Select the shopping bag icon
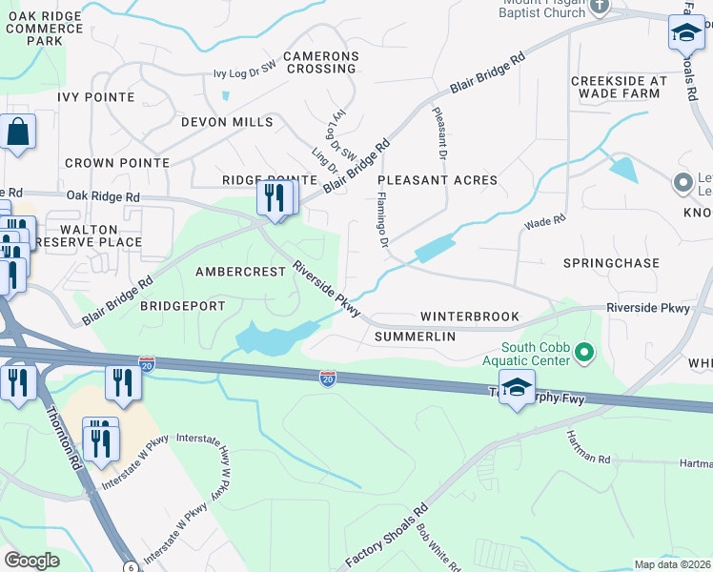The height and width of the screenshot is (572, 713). [x=18, y=133]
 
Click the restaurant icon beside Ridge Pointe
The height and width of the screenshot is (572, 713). [x=272, y=198]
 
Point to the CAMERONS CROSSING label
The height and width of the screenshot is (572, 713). [x=320, y=63]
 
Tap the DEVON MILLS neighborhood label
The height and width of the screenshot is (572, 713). [x=227, y=122]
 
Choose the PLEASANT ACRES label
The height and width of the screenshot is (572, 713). [x=438, y=180]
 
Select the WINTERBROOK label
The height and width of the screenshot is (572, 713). [x=470, y=317]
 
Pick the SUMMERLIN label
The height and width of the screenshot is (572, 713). [x=415, y=337]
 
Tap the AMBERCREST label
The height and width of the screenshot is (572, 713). [x=240, y=272]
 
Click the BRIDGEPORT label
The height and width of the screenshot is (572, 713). [x=182, y=306]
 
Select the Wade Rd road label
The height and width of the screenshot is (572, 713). [x=545, y=222]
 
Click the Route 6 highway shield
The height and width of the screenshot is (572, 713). [x=129, y=566]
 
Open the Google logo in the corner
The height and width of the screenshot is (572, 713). [x=31, y=560]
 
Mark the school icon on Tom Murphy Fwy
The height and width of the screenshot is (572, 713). [x=517, y=389]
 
